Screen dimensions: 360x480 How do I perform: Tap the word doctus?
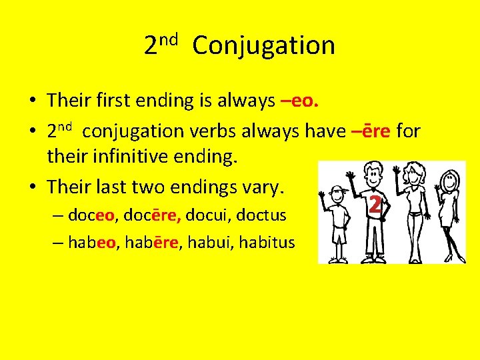(261, 215)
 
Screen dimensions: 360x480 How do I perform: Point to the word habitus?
(269, 243)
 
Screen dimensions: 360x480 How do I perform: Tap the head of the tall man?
(373, 172)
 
